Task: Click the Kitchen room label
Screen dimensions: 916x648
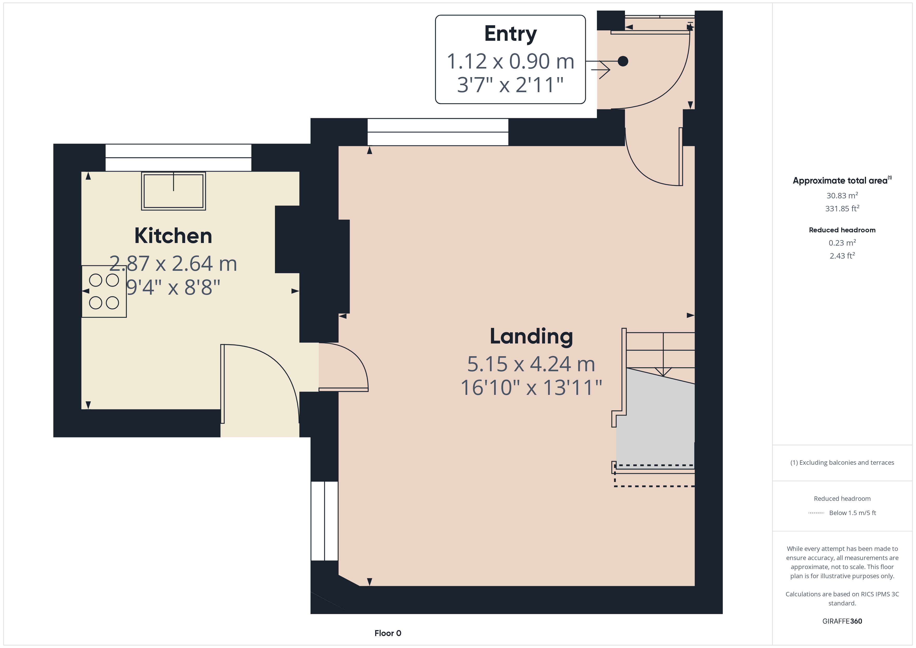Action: coord(173,236)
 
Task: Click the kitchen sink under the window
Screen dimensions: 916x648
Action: coord(173,191)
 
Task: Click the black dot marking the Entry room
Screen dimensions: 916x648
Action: coord(623,61)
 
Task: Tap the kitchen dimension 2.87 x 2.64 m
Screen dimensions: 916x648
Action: coord(173,264)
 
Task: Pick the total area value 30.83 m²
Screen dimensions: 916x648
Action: coord(842,195)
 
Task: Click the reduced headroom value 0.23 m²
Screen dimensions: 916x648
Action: coord(842,242)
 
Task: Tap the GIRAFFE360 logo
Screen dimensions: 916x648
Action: coord(842,621)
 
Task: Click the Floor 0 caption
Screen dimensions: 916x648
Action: coord(388,633)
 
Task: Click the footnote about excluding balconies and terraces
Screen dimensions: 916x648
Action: coord(842,462)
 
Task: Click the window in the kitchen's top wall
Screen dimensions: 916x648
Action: coord(178,158)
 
